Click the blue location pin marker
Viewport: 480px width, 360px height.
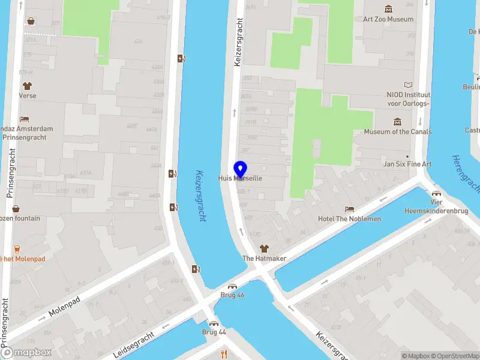pos(240,169)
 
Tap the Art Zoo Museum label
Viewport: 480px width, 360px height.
pos(388,19)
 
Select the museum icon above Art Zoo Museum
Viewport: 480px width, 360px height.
pos(389,8)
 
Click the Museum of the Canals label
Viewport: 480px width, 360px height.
pos(397,132)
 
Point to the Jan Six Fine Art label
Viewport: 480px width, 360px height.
pos(407,164)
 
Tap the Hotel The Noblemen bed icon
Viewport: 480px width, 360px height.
pos(349,209)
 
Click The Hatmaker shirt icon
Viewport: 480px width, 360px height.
pos(263,248)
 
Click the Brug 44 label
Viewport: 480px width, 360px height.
pos(214,332)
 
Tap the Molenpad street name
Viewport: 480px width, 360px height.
pos(64,308)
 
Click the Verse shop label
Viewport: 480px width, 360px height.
pos(27,96)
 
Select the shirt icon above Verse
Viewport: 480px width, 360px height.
pos(27,86)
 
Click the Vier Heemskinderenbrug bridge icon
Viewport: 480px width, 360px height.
pos(436,193)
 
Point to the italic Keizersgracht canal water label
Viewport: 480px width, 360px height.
pos(200,196)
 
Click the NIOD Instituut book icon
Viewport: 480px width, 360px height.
pos(409,85)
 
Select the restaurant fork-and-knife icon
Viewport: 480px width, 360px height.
pos(224,353)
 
